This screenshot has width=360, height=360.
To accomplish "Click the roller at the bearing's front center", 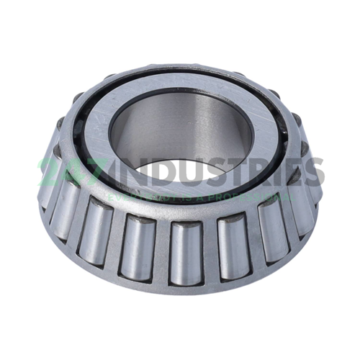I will point(185,248).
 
